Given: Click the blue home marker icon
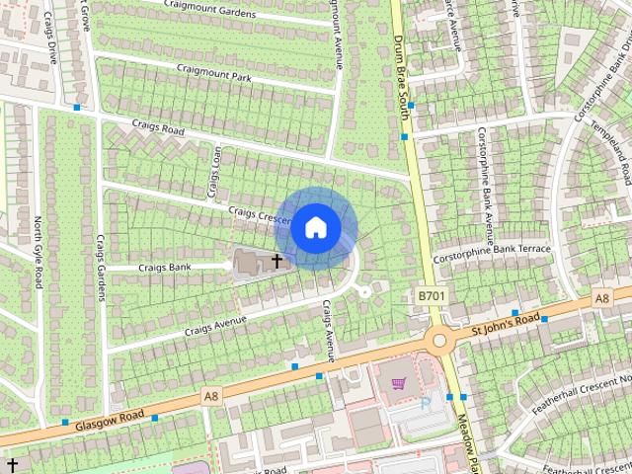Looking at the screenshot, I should (314, 227).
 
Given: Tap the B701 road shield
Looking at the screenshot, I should (430, 295).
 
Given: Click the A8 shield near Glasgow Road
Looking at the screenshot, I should (210, 396).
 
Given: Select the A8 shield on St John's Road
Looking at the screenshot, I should (602, 298).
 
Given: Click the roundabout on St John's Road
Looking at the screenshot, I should (440, 340).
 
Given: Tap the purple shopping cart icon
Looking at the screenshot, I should (399, 384).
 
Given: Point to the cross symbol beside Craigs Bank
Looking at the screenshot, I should (276, 262).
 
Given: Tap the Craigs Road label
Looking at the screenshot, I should (158, 129).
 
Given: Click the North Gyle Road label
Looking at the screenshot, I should (39, 253).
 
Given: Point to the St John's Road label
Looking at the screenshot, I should (505, 323).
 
